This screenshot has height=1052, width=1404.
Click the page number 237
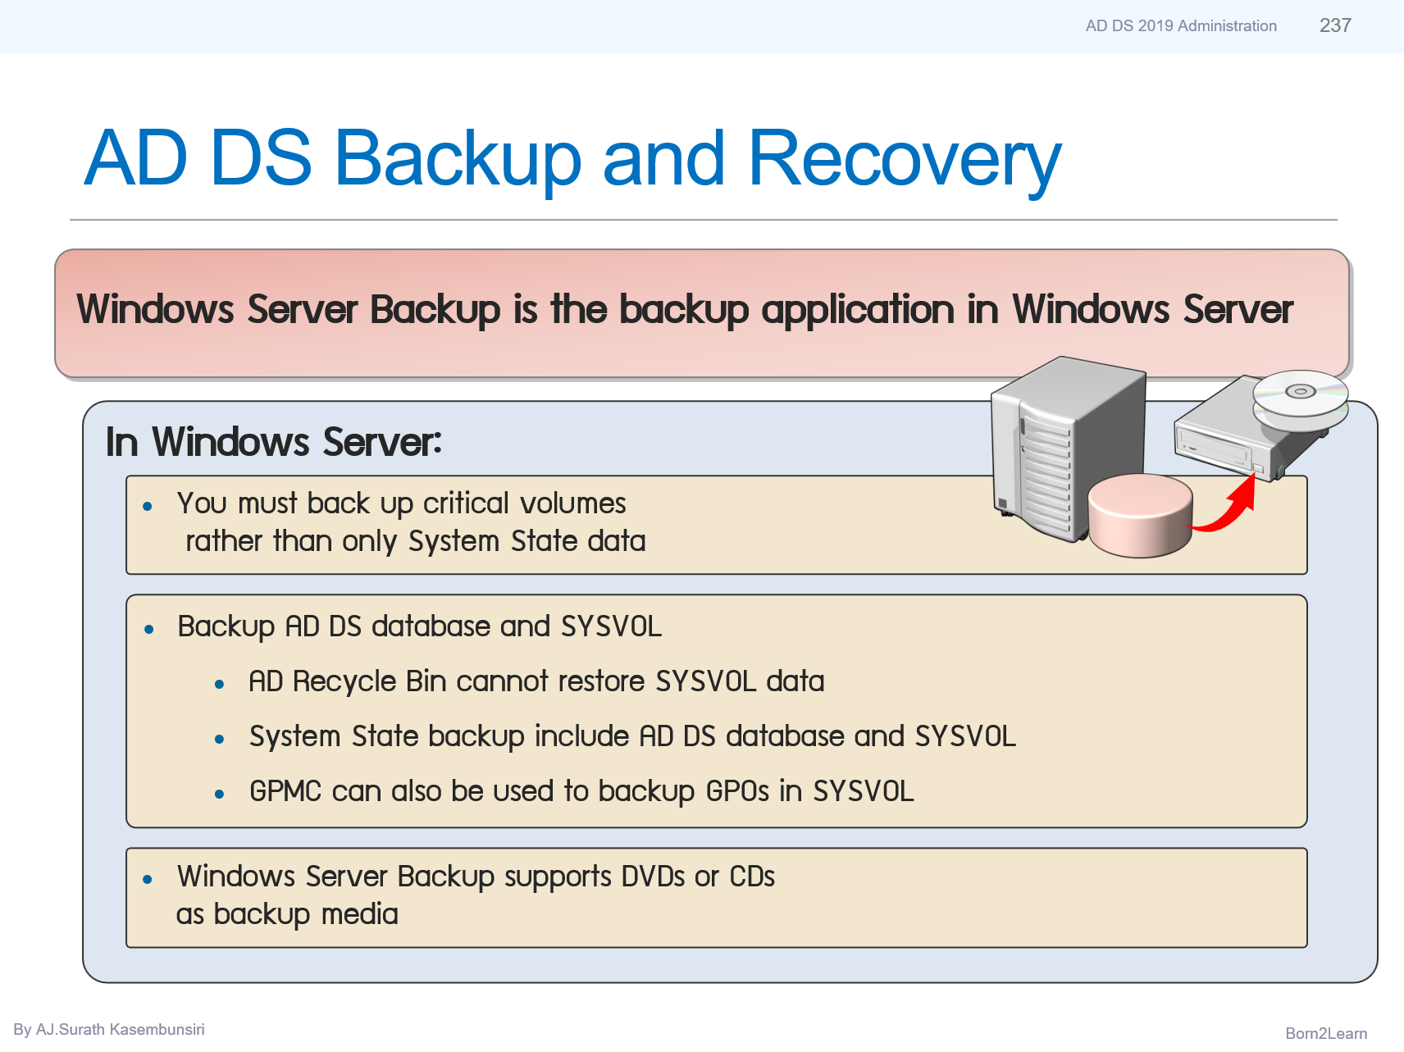click(x=1335, y=25)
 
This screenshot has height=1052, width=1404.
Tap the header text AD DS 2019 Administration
click(x=1181, y=26)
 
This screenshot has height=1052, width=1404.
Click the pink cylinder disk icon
click(x=1140, y=515)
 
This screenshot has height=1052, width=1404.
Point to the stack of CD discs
click(x=1300, y=400)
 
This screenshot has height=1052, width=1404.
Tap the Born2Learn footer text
click(x=1326, y=1033)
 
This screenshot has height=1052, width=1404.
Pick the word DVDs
click(x=653, y=877)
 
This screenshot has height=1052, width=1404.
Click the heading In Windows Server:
click(x=274, y=442)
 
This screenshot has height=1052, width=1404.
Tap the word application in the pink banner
click(x=859, y=311)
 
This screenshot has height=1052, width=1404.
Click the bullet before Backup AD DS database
click(x=149, y=630)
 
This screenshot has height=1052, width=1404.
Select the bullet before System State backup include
click(x=220, y=739)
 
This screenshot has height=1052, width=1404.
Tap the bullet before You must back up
click(x=148, y=507)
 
